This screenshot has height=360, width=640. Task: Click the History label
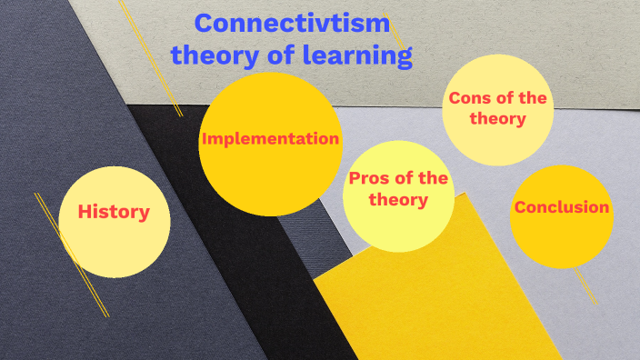coord(114,213)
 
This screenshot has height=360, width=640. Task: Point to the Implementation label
coord(270,139)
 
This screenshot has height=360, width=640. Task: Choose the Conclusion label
coord(561,207)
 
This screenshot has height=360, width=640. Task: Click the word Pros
coord(368,179)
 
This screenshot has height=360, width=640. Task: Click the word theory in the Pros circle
coord(398,199)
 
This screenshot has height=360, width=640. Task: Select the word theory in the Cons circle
coord(498,119)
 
